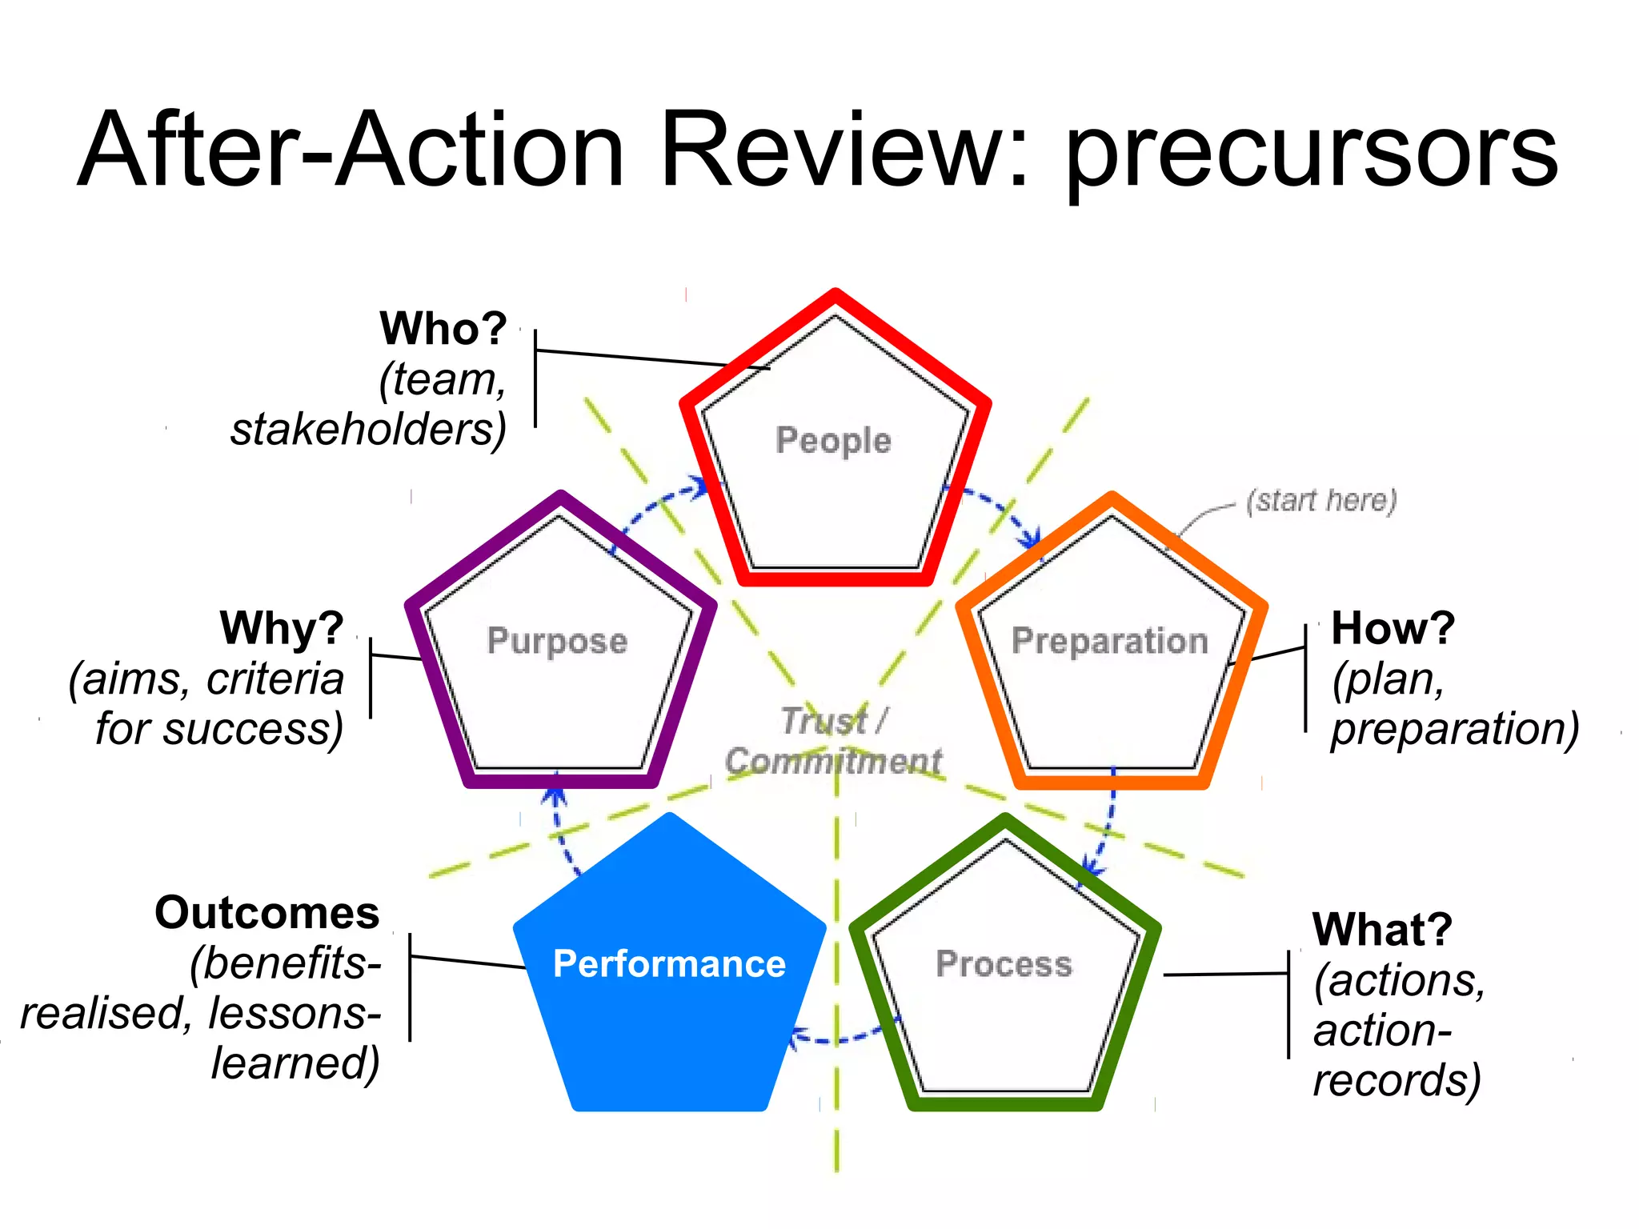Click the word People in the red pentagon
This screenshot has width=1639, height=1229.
click(x=833, y=441)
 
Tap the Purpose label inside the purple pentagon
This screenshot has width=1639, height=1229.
click(x=557, y=641)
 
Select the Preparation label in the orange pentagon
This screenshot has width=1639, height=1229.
click(x=1109, y=641)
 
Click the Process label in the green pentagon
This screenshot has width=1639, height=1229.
click(x=1004, y=963)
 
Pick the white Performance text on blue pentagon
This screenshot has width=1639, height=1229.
click(x=669, y=963)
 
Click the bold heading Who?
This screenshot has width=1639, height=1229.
click(x=443, y=328)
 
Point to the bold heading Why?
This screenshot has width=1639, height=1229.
click(x=282, y=628)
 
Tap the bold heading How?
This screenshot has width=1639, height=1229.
click(x=1393, y=628)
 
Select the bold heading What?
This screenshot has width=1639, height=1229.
click(x=1382, y=930)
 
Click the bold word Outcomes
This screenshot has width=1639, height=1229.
click(x=267, y=913)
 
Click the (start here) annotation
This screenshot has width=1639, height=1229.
click(x=1321, y=500)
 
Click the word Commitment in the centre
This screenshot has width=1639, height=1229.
click(x=833, y=761)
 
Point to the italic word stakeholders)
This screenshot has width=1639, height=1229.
click(x=369, y=430)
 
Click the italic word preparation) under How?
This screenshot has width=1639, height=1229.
click(x=1454, y=730)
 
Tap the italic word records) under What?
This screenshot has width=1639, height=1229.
click(x=1397, y=1080)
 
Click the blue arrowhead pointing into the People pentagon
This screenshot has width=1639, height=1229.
click(x=699, y=486)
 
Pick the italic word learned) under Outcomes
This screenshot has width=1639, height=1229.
click(x=295, y=1063)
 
